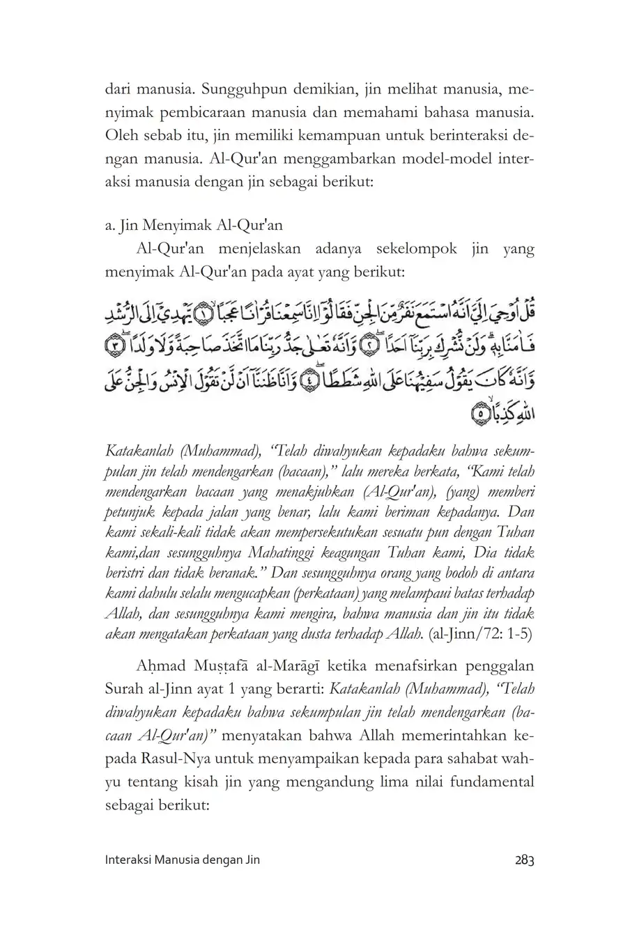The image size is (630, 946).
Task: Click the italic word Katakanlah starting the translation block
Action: click(x=139, y=451)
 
